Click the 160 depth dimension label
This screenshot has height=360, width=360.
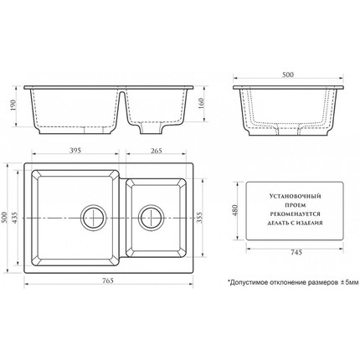pyautogui.click(x=202, y=104)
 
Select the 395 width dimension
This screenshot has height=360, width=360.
pyautogui.click(x=75, y=151)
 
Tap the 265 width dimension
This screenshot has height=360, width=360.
pyautogui.click(x=157, y=151)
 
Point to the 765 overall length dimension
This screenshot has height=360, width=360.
pyautogui.click(x=108, y=280)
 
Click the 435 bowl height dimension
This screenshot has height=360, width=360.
pyautogui.click(x=14, y=218)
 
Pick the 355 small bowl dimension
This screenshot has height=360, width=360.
pyautogui.click(x=199, y=218)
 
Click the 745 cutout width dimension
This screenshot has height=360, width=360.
pyautogui.click(x=296, y=252)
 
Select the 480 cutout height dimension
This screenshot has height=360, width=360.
pyautogui.click(x=235, y=211)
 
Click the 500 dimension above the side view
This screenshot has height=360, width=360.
pyautogui.click(x=288, y=75)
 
